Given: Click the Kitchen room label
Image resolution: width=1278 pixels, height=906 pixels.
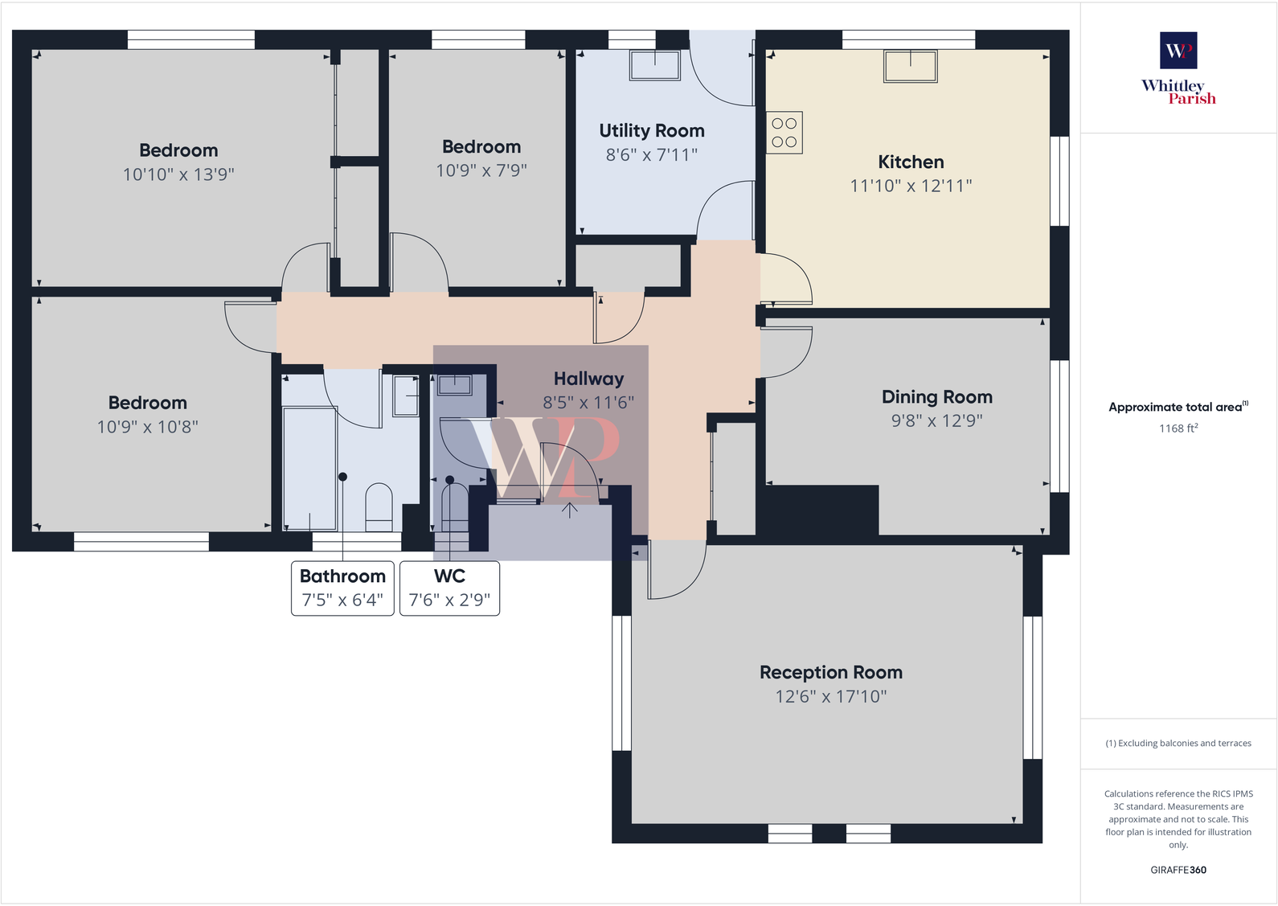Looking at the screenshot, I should [911, 162].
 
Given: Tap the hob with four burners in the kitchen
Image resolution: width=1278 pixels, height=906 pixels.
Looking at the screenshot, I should [784, 133].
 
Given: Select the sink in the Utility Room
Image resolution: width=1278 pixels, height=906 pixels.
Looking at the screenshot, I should [655, 65].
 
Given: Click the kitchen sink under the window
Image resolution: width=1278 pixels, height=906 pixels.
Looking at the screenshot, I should [910, 66].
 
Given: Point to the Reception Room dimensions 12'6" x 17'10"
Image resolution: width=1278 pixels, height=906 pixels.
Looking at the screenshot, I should [830, 696].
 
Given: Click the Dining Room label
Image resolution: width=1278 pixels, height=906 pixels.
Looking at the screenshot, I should [936, 397].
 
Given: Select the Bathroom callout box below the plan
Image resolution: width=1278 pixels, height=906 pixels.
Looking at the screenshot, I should [342, 588].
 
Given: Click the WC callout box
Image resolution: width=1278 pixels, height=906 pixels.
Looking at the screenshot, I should [449, 588].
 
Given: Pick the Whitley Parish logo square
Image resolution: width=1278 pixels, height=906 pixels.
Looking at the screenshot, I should [1178, 51].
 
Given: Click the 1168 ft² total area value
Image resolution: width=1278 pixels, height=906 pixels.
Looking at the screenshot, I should [1178, 428].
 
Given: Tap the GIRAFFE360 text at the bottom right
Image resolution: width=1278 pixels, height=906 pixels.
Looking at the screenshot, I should [1178, 870].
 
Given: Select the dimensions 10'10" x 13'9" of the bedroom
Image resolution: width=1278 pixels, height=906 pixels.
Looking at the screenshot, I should [178, 174].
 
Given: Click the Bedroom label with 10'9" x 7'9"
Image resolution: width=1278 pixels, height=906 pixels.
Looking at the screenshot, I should [481, 147].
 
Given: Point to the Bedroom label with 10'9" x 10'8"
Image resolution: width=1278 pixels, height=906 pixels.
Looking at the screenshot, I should [148, 403].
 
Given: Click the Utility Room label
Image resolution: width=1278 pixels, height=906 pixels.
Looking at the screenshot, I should [651, 131].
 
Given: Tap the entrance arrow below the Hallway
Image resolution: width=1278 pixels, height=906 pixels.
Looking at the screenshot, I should [569, 510].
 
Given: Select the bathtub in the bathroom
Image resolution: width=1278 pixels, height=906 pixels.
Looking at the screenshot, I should [309, 469].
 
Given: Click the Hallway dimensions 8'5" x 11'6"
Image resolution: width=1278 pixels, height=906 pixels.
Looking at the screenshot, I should [588, 403].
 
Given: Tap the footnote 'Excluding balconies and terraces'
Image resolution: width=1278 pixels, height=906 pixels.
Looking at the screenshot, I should [1178, 744].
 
